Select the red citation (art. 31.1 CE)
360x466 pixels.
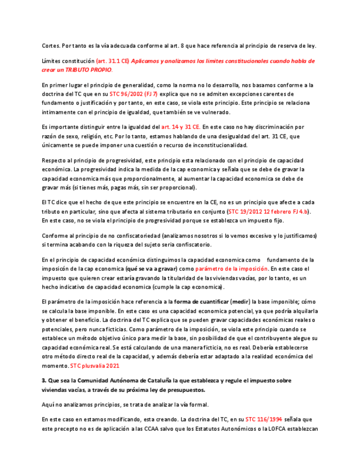click(113, 61)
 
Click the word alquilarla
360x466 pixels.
click(299, 310)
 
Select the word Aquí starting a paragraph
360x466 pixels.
click(49, 404)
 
